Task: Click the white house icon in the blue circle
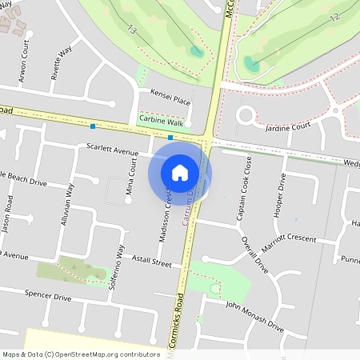pos(180,172)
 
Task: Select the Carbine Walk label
pos(162,120)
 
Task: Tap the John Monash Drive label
pos(254,315)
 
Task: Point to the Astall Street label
pos(152,262)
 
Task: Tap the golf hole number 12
pos(334,16)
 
